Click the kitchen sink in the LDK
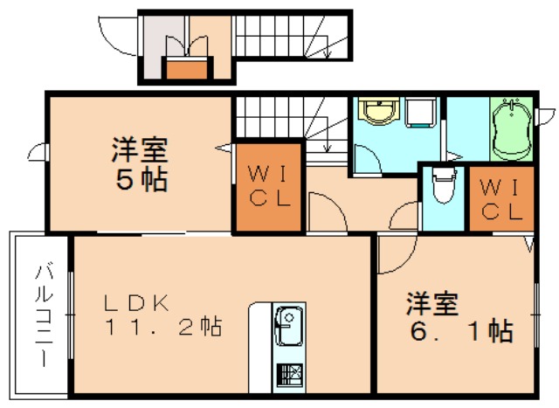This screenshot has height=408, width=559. [288, 328]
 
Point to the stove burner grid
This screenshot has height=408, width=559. [288, 374]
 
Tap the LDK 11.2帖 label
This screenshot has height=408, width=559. [162, 316]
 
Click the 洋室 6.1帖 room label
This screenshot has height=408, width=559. [458, 318]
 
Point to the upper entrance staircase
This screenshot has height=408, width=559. [293, 34]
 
